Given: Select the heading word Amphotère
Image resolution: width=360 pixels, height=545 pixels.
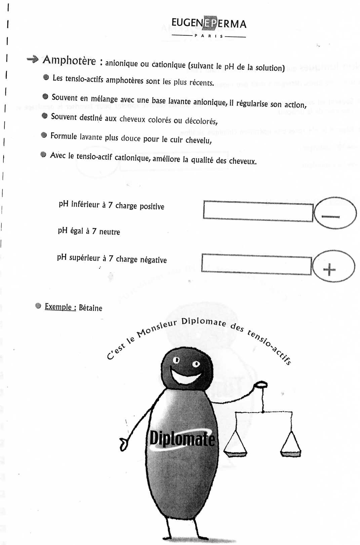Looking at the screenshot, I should coord(69,61).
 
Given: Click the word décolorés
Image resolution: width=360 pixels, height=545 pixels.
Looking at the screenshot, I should coord(201,121).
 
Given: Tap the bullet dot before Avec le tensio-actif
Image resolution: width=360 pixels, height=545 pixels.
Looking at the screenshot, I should coord(43,154).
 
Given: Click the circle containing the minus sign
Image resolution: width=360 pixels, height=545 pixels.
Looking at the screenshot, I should coord(335,213).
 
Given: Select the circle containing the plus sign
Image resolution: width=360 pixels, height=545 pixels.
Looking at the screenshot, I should coord(333,266).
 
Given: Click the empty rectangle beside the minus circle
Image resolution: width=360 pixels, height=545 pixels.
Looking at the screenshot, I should coord(258,211).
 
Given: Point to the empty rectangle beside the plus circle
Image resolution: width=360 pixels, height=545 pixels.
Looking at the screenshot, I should coord(256,264).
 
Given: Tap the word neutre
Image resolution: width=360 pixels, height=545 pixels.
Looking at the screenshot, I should coord(110,232).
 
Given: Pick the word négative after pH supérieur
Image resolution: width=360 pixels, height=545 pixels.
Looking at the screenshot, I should coord(153,260).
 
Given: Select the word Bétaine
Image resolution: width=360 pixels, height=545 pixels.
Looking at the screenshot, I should coord(90,308).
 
